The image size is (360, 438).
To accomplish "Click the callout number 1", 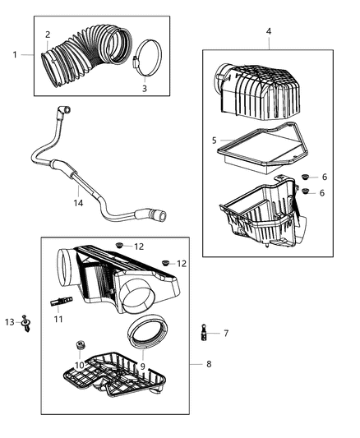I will [x=15, y=54].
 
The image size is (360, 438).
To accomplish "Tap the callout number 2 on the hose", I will [x=48, y=35].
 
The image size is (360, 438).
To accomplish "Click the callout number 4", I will [x=268, y=31].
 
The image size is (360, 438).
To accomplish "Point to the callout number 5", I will [x=215, y=141].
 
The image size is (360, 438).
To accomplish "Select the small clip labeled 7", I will [x=201, y=334].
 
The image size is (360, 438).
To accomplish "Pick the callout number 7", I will [x=225, y=333].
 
